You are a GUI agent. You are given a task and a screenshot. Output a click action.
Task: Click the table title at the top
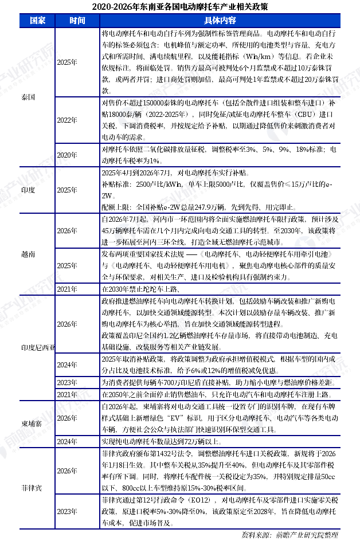point(180,7)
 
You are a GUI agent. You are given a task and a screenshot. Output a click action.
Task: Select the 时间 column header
point(77,20)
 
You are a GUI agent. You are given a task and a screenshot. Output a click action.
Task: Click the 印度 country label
point(28,190)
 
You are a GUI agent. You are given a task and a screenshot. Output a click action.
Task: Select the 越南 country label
point(28,254)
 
